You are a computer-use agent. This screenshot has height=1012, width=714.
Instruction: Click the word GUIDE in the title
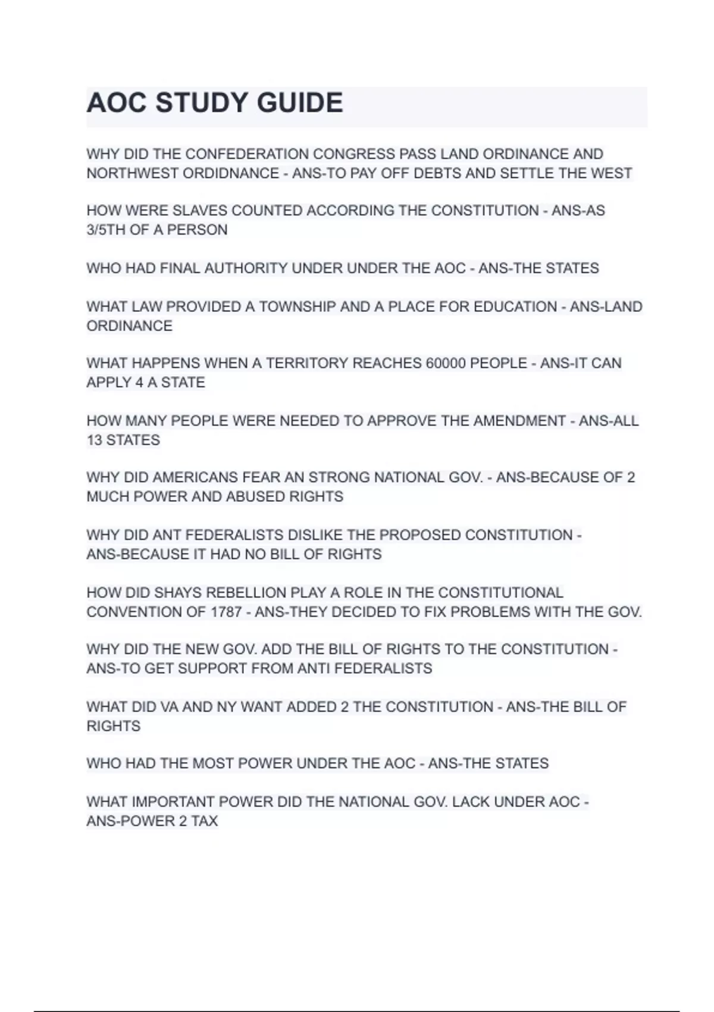pos(300,103)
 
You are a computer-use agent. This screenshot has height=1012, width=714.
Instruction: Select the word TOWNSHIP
pos(297,307)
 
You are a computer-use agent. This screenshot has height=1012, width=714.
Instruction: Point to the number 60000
pos(446,364)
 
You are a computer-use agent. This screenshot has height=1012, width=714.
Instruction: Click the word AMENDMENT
pos(519,421)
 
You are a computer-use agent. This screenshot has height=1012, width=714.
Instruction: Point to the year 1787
pos(226,612)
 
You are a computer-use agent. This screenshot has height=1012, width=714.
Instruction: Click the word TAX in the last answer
pos(204,822)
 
